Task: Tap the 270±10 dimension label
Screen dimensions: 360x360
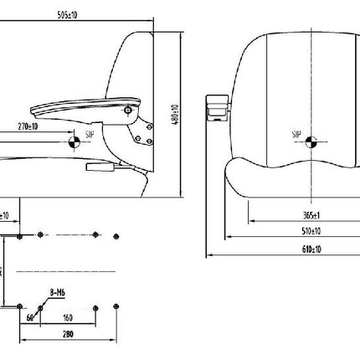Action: click(27, 127)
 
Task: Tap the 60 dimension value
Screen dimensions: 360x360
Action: click(30, 317)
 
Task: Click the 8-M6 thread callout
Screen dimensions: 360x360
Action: click(58, 292)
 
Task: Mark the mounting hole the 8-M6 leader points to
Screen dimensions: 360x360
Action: click(39, 306)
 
